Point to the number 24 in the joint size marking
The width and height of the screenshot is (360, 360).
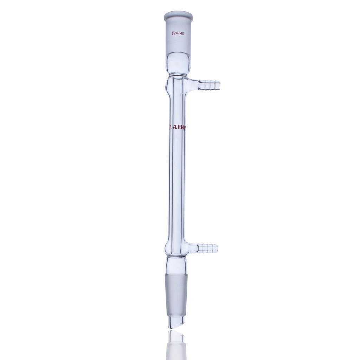click(x=175, y=34)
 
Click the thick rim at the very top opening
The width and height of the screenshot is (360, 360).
click(x=178, y=16)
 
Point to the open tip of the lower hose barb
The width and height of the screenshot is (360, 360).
click(x=217, y=248)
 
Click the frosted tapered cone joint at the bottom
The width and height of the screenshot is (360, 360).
click(x=176, y=290)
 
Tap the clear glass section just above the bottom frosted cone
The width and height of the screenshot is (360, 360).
click(x=176, y=265)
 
